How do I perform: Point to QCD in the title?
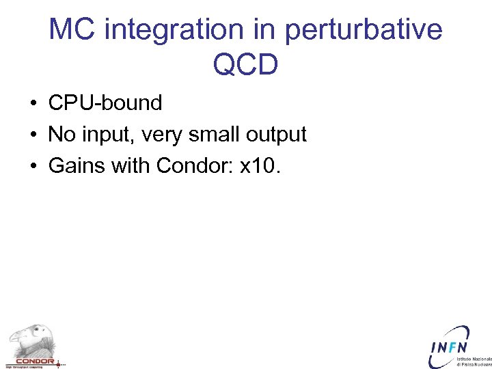[x=245, y=65]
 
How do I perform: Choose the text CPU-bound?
[x=105, y=103]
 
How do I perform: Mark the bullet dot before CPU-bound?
[x=33, y=104]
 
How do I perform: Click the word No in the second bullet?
[x=61, y=135]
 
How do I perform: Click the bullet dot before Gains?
[x=33, y=167]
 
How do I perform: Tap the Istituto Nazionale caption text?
[x=474, y=359]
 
